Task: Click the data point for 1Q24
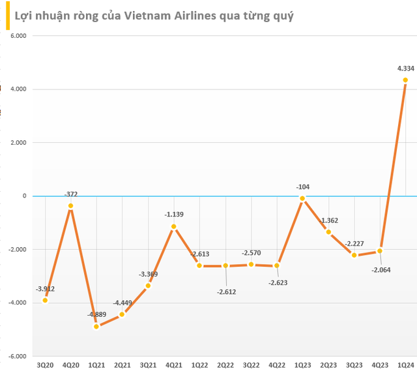(x=405, y=80)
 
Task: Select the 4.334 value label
(x=405, y=68)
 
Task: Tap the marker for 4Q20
(x=70, y=206)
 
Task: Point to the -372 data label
(x=71, y=194)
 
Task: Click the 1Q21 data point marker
(x=96, y=326)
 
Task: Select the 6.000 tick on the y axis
(x=16, y=36)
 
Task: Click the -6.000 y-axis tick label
(x=15, y=356)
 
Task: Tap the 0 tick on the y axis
(x=23, y=196)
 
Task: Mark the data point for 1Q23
(x=302, y=198)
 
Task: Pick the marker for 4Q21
(x=173, y=226)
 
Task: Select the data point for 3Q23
(x=354, y=255)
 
